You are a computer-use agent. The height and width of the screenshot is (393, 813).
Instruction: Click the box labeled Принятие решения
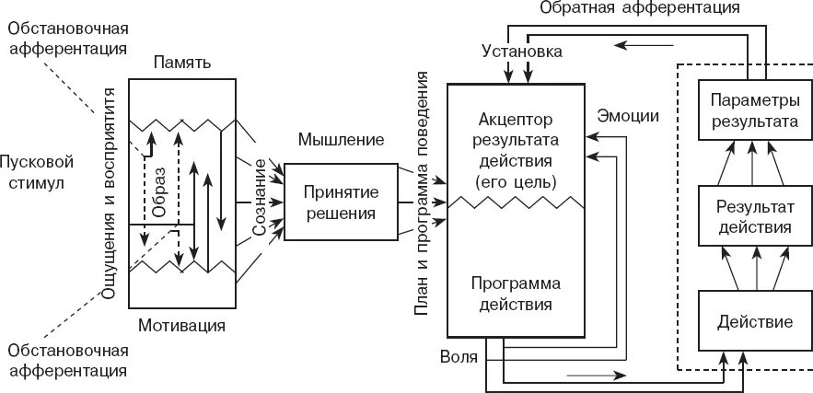coord(340,202)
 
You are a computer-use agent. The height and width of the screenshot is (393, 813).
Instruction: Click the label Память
coord(182,64)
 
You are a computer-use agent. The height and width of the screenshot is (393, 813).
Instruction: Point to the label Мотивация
coord(181,325)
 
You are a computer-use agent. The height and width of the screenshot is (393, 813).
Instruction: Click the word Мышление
coord(341,140)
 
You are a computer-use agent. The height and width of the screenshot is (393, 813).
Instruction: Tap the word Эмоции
coord(628,116)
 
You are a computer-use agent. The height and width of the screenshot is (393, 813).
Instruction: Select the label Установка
coord(522,52)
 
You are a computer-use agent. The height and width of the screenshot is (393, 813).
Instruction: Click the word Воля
coord(459,355)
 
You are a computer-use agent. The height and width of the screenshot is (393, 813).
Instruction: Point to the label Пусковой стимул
coord(37,171)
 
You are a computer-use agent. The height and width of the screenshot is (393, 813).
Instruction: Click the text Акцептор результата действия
coord(515,141)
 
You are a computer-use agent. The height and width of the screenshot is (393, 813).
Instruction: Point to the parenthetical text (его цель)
coord(515,181)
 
